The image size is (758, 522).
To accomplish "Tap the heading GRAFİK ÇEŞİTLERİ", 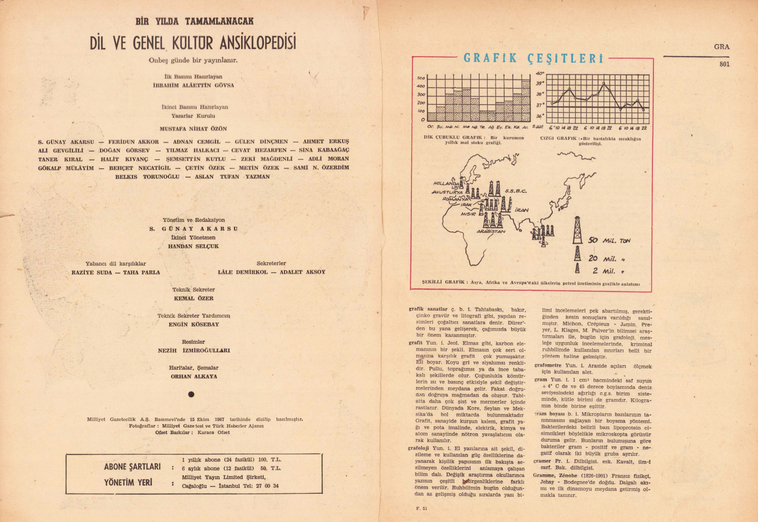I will point(534,58).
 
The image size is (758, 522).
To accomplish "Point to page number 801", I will point(724,64).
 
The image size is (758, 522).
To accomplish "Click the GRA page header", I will point(722,46).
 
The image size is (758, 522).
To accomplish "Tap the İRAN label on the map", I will point(522,210).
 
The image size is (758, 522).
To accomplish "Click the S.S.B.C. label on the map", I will point(515,191).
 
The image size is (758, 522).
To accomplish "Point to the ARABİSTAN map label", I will point(491,231).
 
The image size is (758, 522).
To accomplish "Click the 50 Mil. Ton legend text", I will point(609,241).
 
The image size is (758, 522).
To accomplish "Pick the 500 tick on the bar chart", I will point(421,78).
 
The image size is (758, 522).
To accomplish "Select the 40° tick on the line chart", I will point(540,74).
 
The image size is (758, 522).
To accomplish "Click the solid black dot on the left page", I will point(191,394).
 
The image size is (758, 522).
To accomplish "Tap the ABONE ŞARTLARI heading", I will point(132,466).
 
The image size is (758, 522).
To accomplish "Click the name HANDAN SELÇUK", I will point(193,246).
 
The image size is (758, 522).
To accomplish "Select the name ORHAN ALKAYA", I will point(194,376).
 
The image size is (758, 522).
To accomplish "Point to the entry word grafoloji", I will point(419,448).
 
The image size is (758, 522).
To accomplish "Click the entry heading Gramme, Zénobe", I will point(555,476).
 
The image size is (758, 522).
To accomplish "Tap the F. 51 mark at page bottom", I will point(420,508).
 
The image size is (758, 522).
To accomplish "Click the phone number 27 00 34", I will point(268,486).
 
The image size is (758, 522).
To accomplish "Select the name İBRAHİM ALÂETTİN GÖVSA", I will point(193,85).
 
